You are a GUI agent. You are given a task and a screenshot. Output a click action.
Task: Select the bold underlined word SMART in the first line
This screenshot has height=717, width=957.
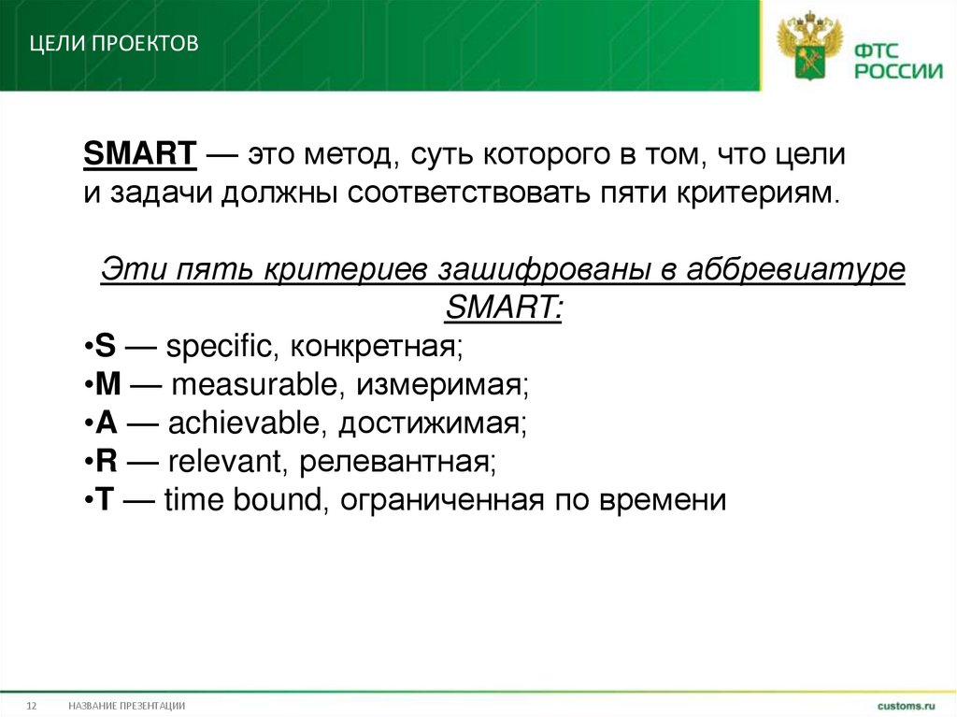[x=139, y=154]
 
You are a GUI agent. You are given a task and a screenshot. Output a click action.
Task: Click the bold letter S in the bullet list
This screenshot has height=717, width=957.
[x=105, y=347]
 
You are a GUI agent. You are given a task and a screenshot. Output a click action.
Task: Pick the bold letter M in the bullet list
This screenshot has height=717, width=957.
[x=107, y=385]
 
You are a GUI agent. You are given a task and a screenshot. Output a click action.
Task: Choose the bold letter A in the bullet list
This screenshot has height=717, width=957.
[x=106, y=423]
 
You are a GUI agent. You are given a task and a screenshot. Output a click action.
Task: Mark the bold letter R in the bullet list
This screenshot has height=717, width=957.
[x=106, y=462]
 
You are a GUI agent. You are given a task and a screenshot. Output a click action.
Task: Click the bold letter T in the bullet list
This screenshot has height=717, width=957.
[x=105, y=500]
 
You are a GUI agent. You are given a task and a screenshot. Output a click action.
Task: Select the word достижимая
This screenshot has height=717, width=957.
[x=433, y=423]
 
